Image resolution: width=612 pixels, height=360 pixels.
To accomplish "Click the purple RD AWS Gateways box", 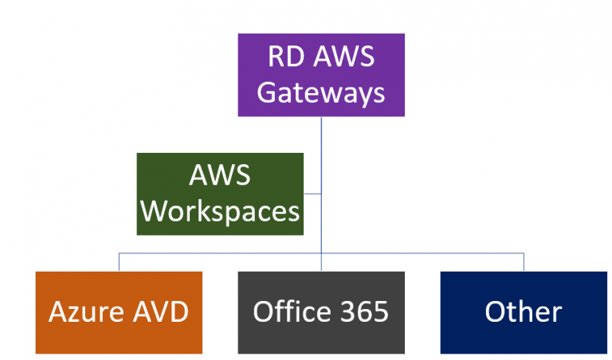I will (321, 76).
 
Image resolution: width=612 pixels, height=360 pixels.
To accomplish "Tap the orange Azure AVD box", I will (119, 312).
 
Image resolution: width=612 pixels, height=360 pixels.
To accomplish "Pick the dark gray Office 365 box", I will (321, 312).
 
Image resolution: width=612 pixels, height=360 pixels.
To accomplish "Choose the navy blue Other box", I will (524, 312).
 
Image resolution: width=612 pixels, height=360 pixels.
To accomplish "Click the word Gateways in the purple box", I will (321, 92).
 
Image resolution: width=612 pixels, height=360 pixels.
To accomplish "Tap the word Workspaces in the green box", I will (220, 212).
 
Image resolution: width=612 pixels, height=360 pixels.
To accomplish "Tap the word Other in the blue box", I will (524, 312).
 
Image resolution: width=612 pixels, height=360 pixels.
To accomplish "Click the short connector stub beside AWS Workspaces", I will (312, 194).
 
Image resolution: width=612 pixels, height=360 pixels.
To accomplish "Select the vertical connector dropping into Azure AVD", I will (119, 263).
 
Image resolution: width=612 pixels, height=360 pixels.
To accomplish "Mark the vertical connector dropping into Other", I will (524, 263).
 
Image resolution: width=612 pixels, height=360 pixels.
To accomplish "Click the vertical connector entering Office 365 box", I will (321, 264).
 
